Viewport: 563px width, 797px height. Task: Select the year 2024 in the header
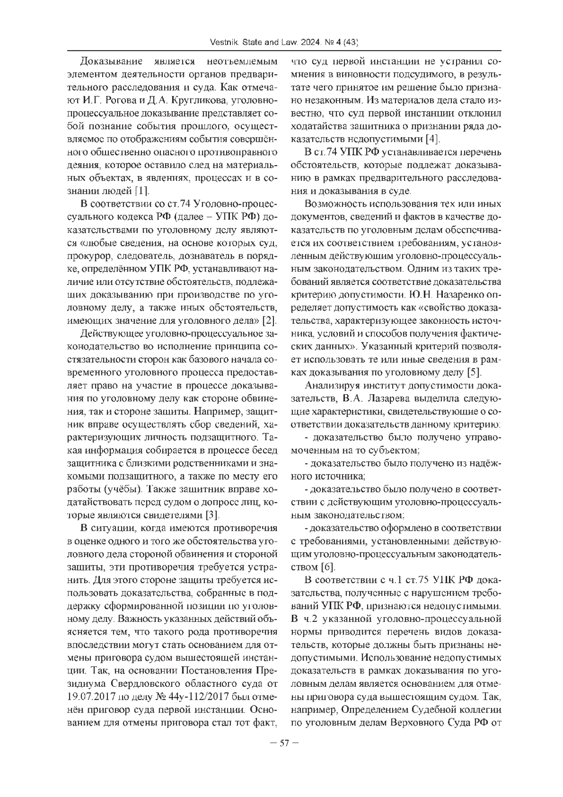tap(310, 43)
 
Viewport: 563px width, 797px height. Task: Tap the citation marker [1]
tap(142, 191)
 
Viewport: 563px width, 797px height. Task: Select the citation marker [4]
tap(432, 139)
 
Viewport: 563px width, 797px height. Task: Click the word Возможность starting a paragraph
tap(335, 204)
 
